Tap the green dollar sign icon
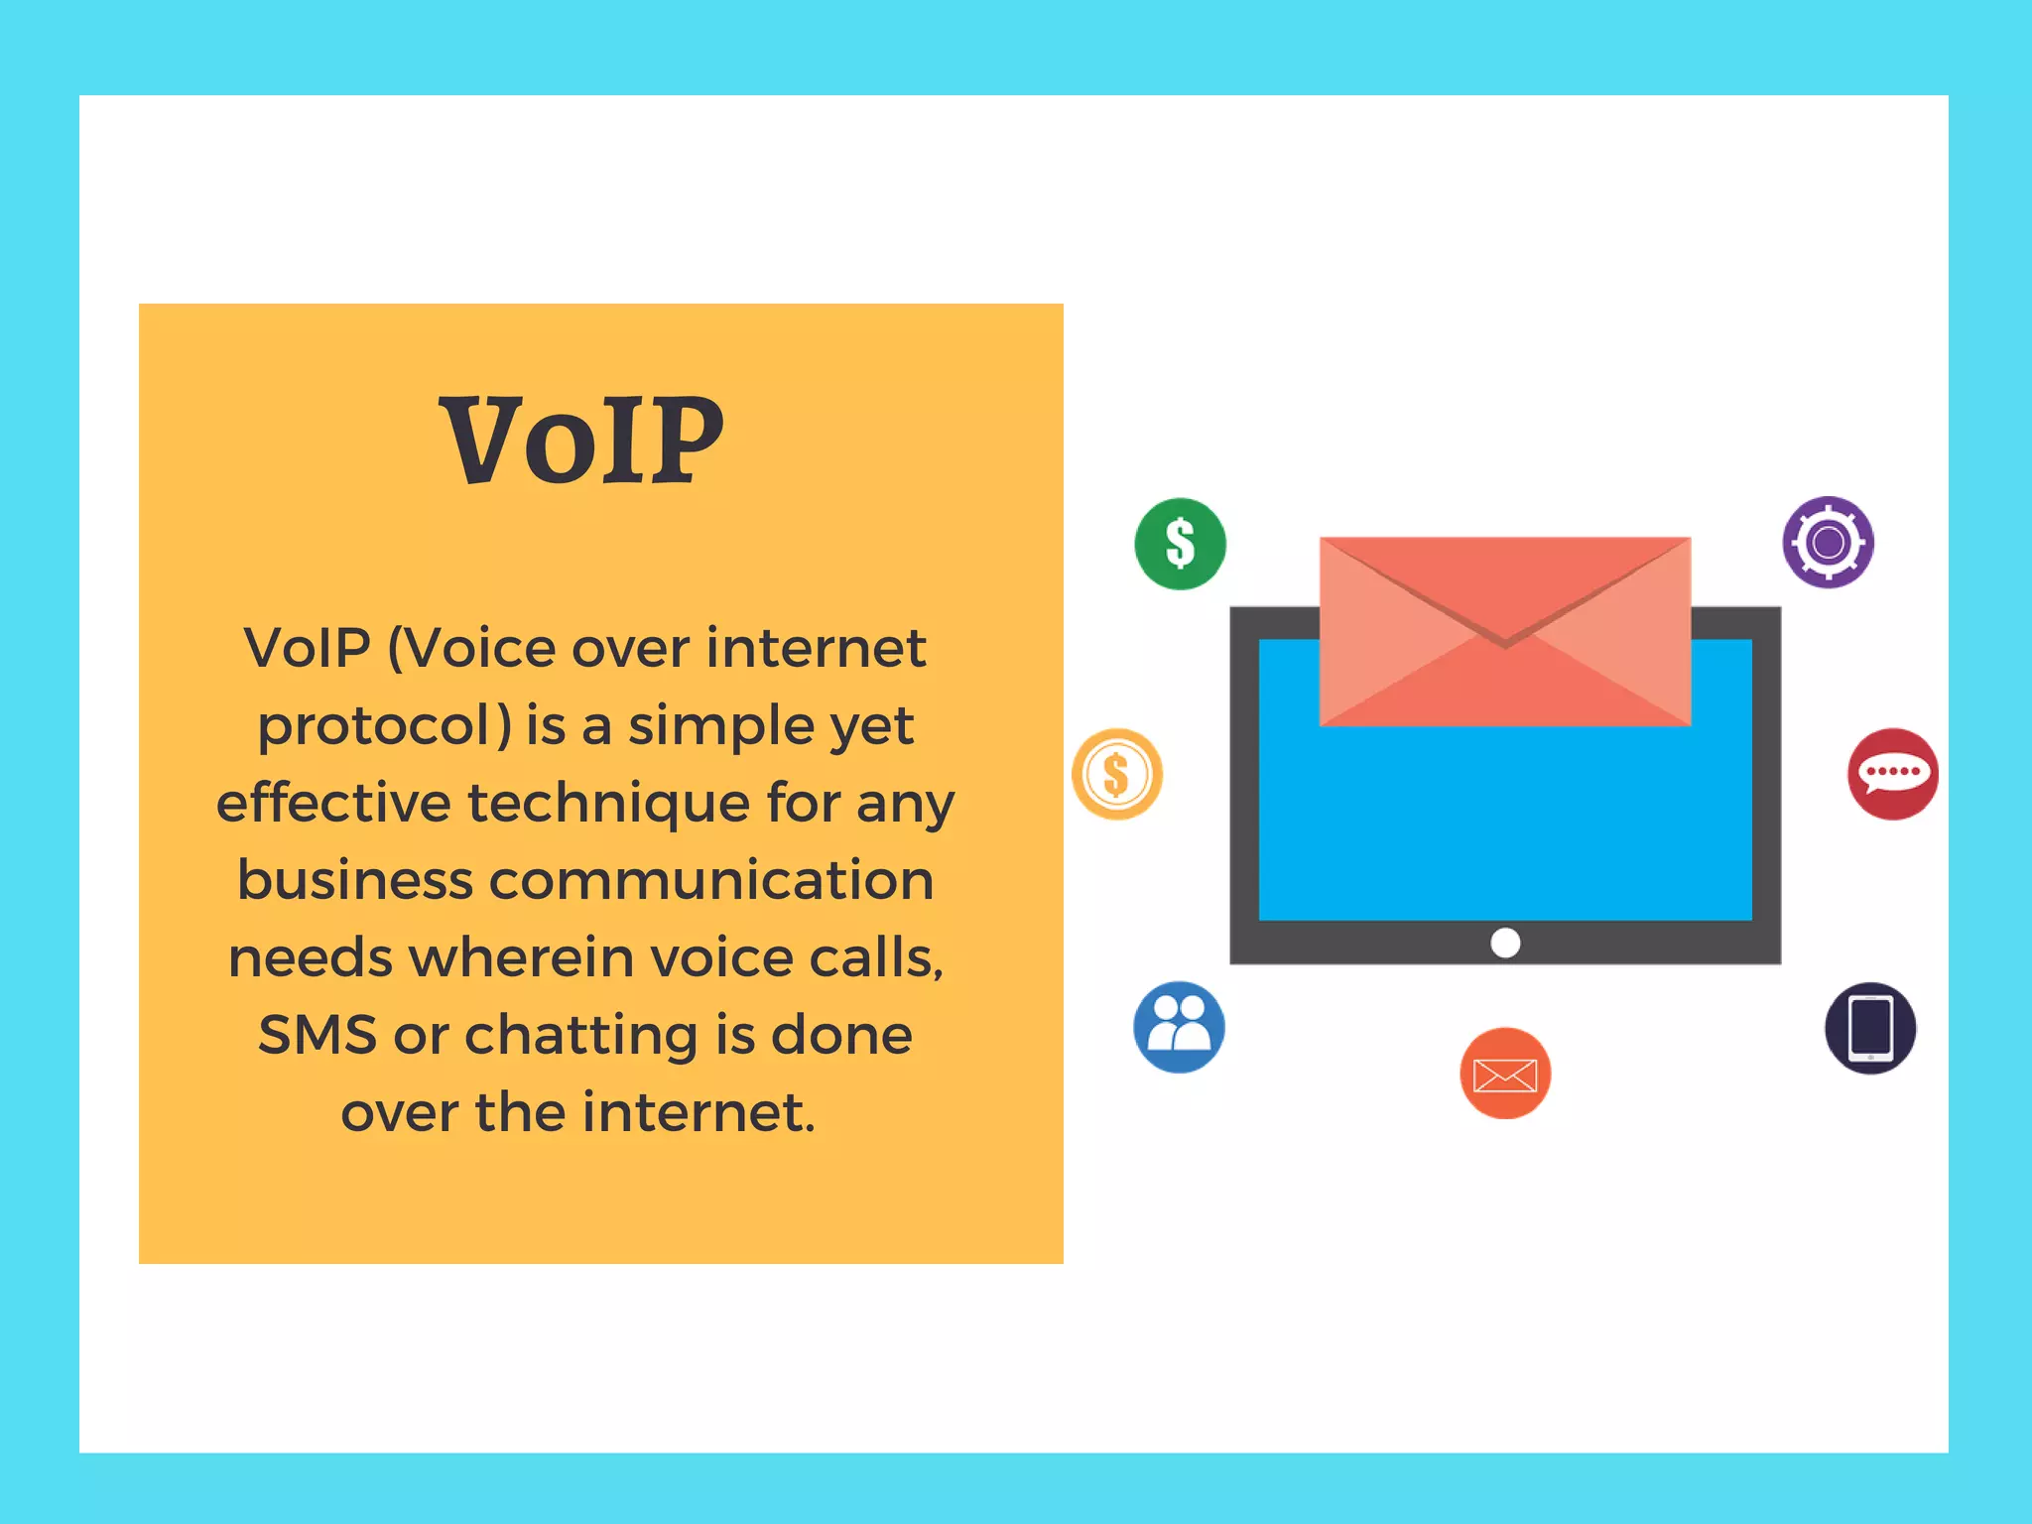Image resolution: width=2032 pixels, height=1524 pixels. [1180, 544]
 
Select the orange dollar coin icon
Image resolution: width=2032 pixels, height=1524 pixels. [1117, 774]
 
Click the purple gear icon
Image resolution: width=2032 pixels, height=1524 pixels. [1828, 543]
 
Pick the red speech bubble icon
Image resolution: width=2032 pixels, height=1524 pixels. [1892, 774]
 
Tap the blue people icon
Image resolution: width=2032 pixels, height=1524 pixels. [1179, 1027]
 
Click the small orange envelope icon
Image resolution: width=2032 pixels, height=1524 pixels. [1505, 1074]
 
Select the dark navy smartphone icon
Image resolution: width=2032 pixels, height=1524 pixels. [1870, 1028]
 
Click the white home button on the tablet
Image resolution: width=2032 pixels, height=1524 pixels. [1505, 942]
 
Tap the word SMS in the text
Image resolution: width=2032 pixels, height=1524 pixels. [317, 1035]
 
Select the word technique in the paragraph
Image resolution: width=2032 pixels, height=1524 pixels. [608, 802]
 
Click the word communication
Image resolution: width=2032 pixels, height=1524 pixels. [710, 880]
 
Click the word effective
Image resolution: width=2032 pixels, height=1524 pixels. [333, 802]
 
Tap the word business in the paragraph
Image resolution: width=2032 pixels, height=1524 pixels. [354, 880]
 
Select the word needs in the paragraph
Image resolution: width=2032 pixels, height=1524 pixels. [311, 958]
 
